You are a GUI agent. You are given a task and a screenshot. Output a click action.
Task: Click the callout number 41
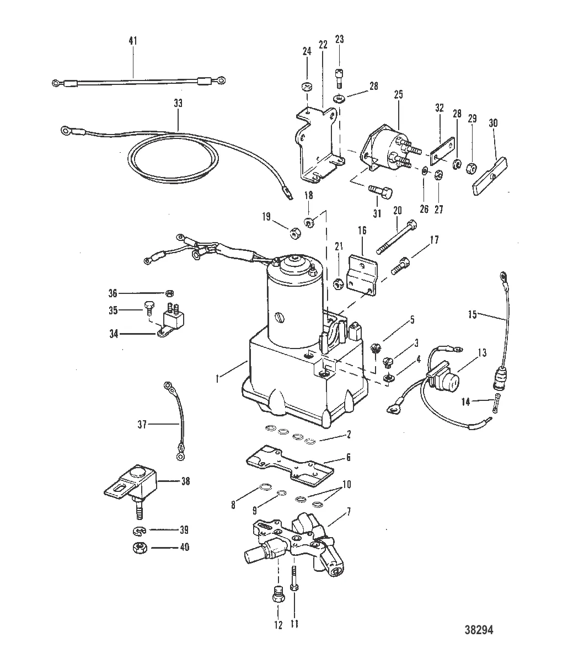pos(133,41)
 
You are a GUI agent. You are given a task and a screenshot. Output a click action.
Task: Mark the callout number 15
pos(472,315)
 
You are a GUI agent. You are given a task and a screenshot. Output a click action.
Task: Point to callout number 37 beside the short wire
pos(143,424)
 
